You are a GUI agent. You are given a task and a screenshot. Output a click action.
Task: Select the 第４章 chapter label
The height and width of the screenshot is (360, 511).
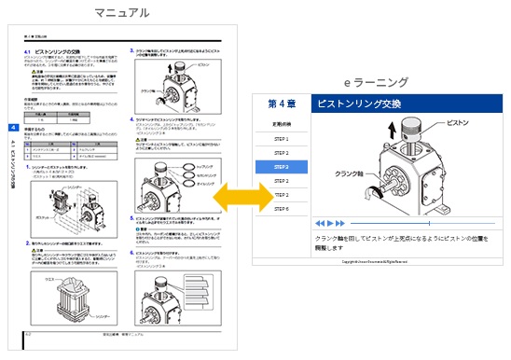(x=281, y=104)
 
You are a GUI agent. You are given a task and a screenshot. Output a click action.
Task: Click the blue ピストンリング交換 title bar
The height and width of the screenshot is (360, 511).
(x=406, y=104)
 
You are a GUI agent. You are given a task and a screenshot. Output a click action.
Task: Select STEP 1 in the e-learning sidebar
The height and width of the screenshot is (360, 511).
(x=281, y=139)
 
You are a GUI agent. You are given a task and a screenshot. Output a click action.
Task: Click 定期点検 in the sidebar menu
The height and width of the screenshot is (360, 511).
(x=281, y=124)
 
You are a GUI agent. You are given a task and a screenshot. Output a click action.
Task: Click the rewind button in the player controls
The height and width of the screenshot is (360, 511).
(x=319, y=224)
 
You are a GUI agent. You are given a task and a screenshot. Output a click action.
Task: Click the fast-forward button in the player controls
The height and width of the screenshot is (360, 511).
(x=340, y=224)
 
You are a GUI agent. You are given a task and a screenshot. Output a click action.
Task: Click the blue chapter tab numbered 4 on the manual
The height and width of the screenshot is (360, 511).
(x=12, y=127)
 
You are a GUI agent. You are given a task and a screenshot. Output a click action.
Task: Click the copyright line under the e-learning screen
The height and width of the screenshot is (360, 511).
(x=381, y=262)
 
